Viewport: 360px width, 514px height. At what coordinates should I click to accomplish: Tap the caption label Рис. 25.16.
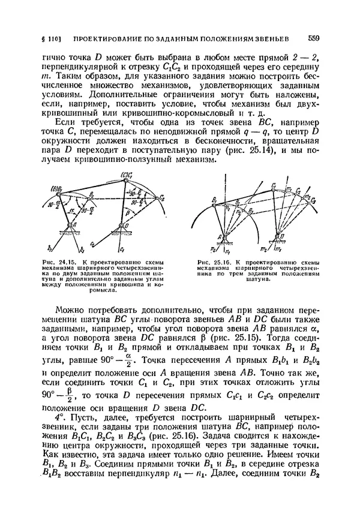pyautogui.click(x=211, y=263)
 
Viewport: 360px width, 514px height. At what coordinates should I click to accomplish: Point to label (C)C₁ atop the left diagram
pyautogui.click(x=126, y=175)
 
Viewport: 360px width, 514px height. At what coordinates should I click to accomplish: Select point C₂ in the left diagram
pyautogui.click(x=162, y=197)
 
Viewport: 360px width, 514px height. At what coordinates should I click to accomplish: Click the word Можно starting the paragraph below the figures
pyautogui.click(x=71, y=309)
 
